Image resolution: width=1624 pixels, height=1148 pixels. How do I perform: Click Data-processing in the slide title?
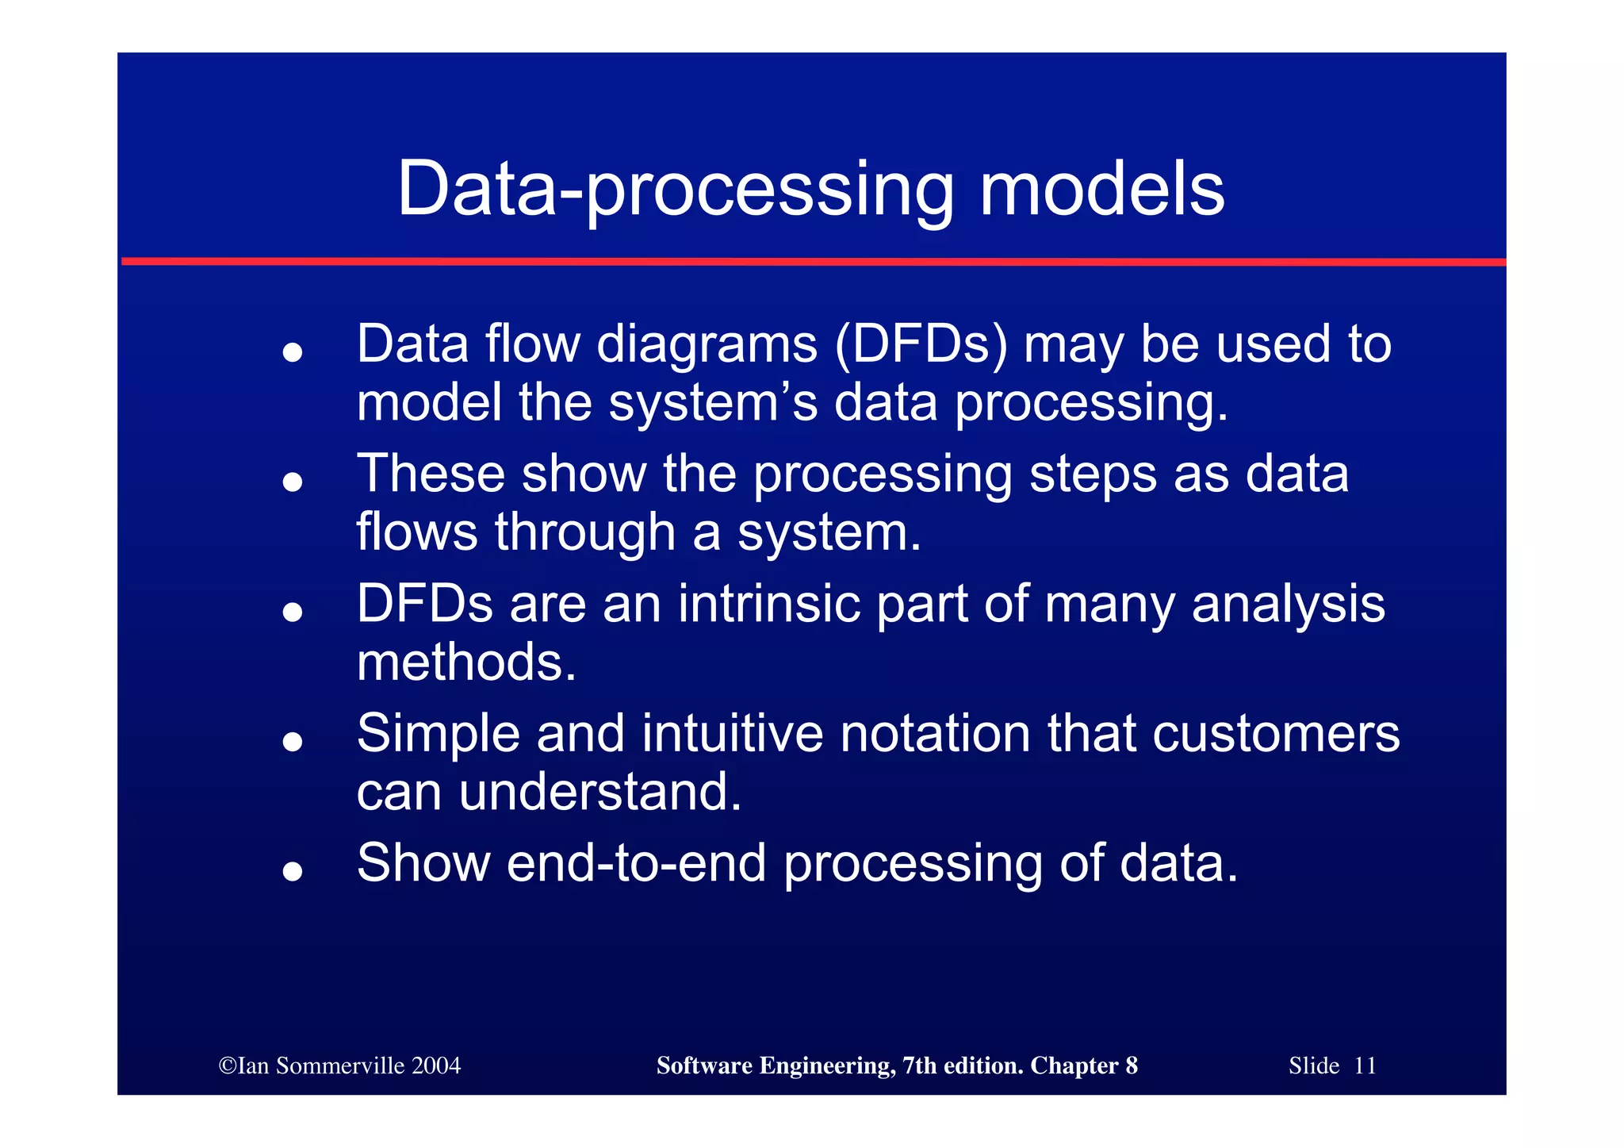pos(676,190)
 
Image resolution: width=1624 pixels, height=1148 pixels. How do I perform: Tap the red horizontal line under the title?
pos(812,261)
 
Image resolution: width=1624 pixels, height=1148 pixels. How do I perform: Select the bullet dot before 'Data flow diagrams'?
pos(293,351)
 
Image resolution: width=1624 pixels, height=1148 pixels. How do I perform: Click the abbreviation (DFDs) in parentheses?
pos(921,346)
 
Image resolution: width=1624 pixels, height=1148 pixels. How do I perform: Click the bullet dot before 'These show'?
pos(293,482)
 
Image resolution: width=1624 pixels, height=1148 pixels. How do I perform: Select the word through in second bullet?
pos(585,532)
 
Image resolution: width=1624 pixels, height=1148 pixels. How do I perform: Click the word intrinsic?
pos(768,604)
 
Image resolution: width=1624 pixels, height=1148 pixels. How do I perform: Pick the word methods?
pos(466,662)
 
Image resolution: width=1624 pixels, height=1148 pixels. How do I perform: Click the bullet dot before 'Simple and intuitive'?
pos(293,741)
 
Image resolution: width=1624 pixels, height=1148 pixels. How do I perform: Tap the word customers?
pos(1276,734)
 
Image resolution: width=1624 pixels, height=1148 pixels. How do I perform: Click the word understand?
pos(599,792)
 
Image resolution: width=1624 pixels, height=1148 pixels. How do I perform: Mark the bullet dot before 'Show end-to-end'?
pos(293,871)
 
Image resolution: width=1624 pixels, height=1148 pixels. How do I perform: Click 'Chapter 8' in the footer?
pos(1083,1065)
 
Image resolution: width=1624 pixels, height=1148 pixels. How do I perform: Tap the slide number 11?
pos(1365,1065)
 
